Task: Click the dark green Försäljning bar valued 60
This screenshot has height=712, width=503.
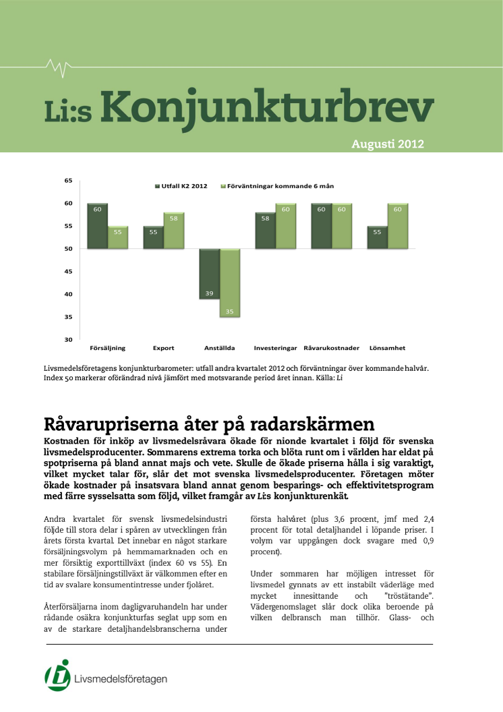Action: [98, 226]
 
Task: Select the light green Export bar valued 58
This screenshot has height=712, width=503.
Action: [174, 231]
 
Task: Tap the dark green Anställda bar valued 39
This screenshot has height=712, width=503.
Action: [210, 274]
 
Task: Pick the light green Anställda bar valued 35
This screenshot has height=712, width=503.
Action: [230, 283]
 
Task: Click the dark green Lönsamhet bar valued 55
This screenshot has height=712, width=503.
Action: [377, 237]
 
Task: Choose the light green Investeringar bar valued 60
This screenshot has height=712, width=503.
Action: [286, 226]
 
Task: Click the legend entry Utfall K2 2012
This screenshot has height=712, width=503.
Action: [181, 185]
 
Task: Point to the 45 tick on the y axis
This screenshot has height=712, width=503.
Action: [68, 271]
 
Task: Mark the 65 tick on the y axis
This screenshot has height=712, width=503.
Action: [68, 181]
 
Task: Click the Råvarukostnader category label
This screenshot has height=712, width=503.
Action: [331, 348]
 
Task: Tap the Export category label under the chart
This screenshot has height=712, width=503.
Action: [163, 348]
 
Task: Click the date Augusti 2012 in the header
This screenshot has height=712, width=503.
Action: [388, 144]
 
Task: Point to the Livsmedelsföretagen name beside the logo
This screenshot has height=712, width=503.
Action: [121, 679]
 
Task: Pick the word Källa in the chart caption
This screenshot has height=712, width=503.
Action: [321, 378]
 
